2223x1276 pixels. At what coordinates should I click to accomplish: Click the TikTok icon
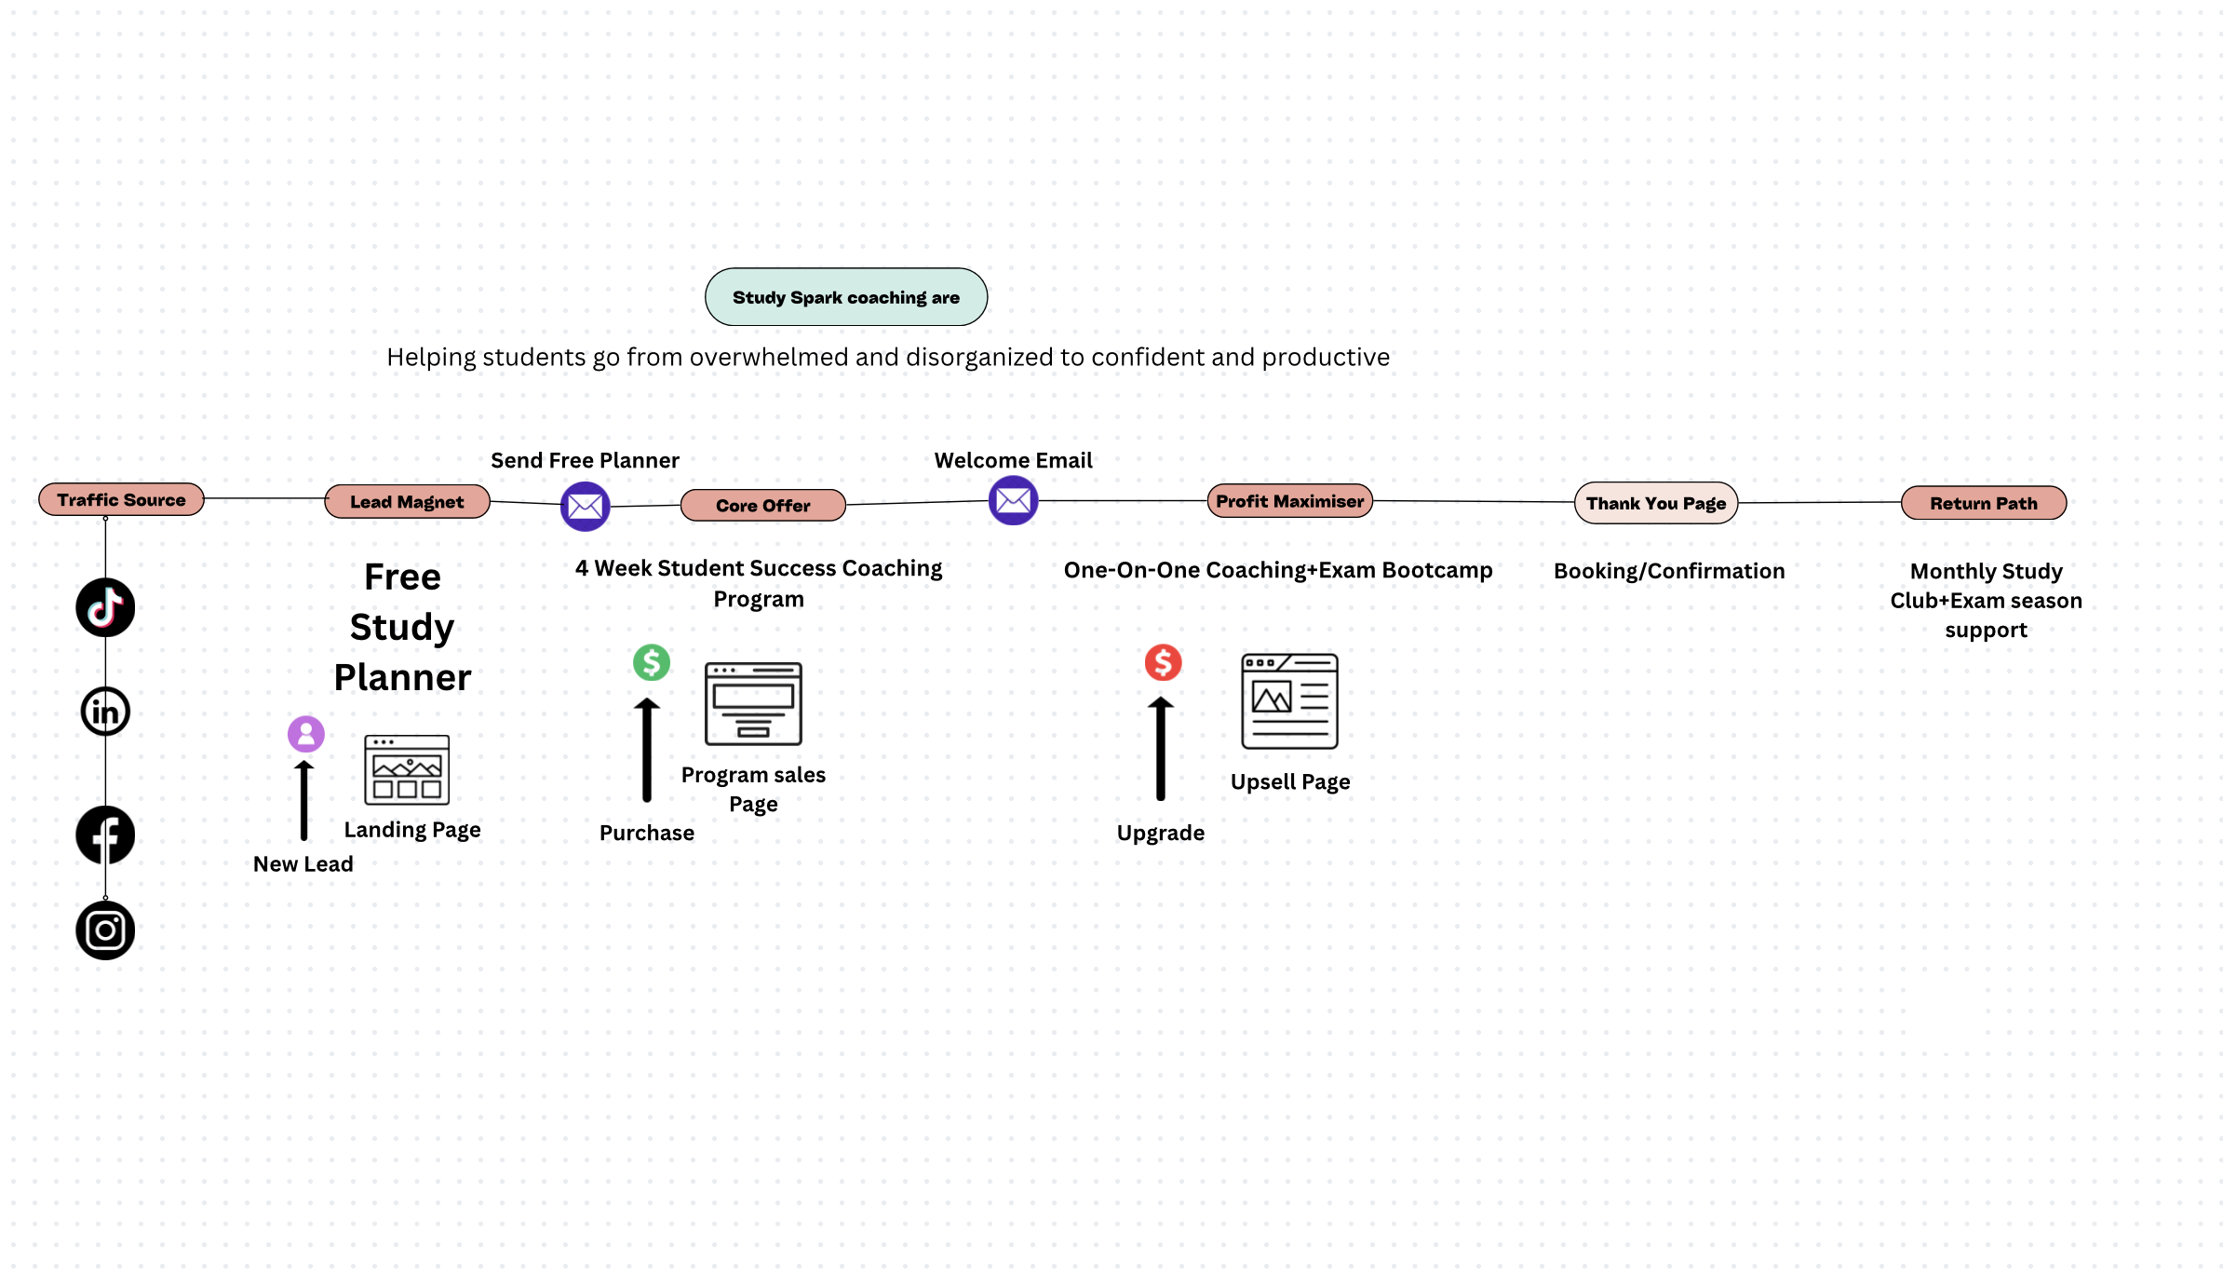coord(105,607)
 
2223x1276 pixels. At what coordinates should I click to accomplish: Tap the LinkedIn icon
coord(105,712)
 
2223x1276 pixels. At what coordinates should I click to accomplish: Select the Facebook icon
coord(105,835)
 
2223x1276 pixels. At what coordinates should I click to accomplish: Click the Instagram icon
coord(105,930)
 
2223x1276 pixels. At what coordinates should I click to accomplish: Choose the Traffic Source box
coord(121,499)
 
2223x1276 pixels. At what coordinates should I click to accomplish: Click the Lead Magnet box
coord(407,501)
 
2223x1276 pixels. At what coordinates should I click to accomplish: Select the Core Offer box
coord(763,505)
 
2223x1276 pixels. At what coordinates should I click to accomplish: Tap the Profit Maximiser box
coord(1289,501)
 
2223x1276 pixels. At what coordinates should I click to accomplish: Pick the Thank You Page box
coord(1656,503)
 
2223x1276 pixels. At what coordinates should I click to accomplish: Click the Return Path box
coord(1984,503)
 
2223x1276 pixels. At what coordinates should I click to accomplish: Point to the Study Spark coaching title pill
coord(846,297)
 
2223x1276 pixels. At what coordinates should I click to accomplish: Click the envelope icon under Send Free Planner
coord(586,507)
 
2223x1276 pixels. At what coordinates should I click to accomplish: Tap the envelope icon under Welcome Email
coord(1014,500)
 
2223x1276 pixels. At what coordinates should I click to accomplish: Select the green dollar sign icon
coord(652,662)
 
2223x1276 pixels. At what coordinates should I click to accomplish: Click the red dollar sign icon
coord(1164,662)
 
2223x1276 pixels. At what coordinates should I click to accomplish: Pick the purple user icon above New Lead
coord(306,734)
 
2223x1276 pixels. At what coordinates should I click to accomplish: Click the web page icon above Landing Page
coord(407,769)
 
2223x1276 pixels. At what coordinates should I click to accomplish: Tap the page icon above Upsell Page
coord(1290,701)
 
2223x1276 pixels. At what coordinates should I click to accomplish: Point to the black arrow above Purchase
coord(647,750)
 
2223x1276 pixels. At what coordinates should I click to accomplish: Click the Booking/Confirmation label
coord(1669,571)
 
